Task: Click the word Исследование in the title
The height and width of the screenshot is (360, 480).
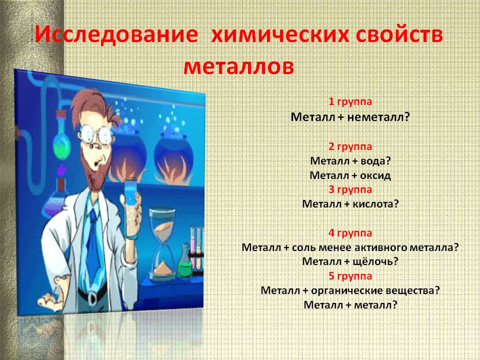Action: [116, 34]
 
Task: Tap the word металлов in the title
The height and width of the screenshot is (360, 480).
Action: [239, 66]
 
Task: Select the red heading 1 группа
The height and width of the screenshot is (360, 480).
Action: [350, 101]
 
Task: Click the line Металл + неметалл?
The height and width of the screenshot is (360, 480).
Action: [350, 116]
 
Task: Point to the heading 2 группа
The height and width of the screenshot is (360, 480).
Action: [350, 146]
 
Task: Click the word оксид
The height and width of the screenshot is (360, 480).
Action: [375, 175]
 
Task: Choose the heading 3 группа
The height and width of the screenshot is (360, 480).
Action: [350, 190]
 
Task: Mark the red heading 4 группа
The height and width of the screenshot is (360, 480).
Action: [350, 233]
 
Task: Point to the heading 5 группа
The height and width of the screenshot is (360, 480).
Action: [350, 276]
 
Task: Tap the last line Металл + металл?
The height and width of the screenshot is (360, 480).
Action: [350, 305]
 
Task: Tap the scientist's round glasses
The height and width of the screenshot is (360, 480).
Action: [96, 134]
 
